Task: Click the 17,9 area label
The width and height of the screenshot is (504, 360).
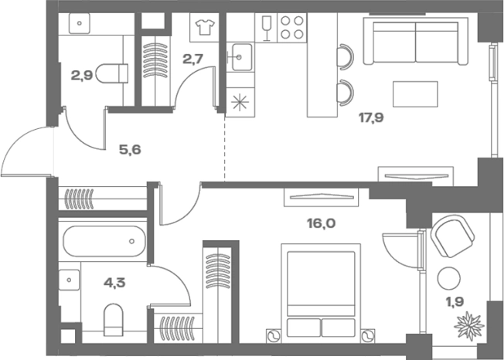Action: (x=371, y=118)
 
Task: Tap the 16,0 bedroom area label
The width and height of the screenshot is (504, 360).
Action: (x=321, y=223)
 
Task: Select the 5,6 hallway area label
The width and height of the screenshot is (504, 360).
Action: (x=130, y=150)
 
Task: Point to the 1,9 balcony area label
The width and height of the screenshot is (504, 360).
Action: (x=455, y=302)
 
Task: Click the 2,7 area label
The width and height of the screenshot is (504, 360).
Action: (x=192, y=59)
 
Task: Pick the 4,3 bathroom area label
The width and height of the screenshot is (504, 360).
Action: (x=114, y=283)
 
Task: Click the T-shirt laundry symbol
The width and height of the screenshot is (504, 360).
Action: (x=205, y=27)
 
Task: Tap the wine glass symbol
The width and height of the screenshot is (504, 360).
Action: (x=266, y=28)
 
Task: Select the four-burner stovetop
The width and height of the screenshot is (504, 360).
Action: (x=292, y=27)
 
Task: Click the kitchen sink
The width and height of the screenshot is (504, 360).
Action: (x=239, y=57)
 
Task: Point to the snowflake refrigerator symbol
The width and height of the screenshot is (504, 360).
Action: (x=240, y=103)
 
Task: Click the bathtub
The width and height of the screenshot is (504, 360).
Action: (x=104, y=241)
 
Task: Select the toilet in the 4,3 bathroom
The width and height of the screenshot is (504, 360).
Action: (x=114, y=320)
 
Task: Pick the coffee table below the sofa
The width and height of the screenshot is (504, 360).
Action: (x=415, y=94)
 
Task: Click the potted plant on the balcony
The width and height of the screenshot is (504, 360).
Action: (x=469, y=325)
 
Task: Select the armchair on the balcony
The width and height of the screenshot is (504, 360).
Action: (x=452, y=236)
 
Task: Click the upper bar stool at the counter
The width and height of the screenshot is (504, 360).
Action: (x=345, y=57)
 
